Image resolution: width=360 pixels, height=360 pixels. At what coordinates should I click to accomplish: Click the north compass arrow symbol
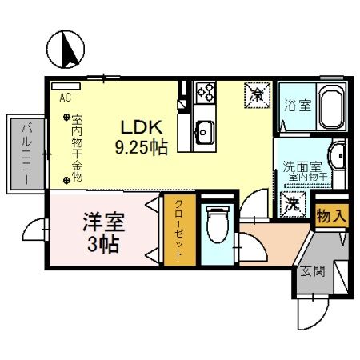(x=67, y=50)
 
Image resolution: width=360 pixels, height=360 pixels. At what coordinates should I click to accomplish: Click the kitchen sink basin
(x=202, y=130)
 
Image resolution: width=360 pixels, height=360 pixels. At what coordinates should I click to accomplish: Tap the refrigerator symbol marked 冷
(x=258, y=94)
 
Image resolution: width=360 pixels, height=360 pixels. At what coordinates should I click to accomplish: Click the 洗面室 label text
(x=302, y=167)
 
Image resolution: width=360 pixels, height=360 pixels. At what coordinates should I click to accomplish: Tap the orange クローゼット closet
(x=178, y=231)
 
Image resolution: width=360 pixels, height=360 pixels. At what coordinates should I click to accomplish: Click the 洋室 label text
(x=100, y=222)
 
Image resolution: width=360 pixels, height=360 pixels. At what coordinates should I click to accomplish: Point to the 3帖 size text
(x=104, y=245)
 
